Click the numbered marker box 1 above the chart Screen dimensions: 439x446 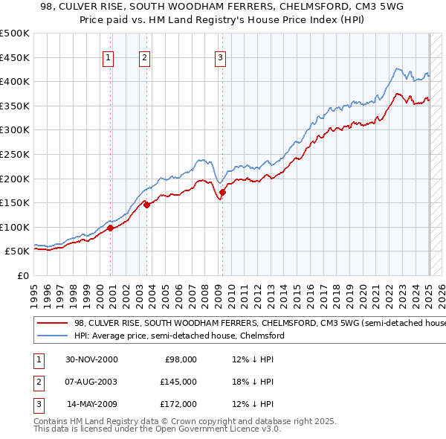tap(109, 57)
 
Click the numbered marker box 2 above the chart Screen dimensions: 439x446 tap(144, 57)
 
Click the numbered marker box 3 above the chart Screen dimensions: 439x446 tap(221, 57)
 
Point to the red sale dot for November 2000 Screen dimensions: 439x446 tap(111, 228)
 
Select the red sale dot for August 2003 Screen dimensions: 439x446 tap(146, 205)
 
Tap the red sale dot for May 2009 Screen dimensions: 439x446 tap(222, 193)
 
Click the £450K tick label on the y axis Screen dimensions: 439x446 tap(15, 57)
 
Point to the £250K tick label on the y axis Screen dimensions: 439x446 tap(15, 154)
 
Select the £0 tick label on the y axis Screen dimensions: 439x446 tap(24, 275)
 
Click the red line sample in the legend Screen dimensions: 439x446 tap(52, 323)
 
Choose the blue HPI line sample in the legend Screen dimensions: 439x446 tap(52, 336)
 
